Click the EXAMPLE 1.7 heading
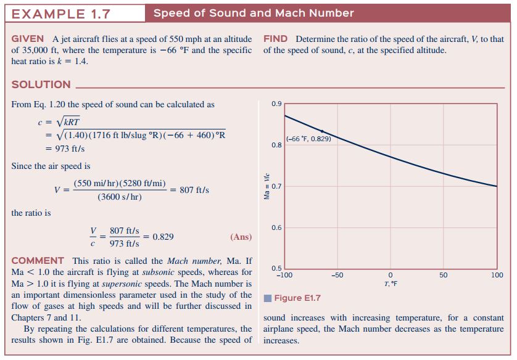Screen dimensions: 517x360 click(60, 14)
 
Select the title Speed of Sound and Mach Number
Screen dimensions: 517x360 click(254, 13)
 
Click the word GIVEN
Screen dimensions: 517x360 click(27, 39)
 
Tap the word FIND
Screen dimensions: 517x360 click(275, 39)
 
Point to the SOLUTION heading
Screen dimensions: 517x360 click(41, 84)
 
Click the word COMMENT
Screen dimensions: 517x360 click(38, 261)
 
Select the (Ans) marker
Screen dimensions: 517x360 click(241, 237)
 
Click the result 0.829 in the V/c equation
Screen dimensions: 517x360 click(163, 237)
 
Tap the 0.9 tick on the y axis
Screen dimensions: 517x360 click(276, 104)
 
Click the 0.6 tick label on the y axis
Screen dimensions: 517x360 click(276, 227)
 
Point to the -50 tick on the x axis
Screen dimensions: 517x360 click(337, 275)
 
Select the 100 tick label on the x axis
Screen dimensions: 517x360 click(497, 275)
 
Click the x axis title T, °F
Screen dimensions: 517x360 click(391, 284)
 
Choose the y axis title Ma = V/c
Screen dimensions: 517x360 click(267, 186)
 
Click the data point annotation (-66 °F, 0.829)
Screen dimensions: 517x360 click(308, 139)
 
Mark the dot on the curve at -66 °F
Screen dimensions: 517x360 click(322, 131)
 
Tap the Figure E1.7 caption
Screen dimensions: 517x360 click(297, 298)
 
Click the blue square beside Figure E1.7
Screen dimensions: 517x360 click(268, 298)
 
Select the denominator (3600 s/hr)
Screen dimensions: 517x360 click(120, 197)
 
